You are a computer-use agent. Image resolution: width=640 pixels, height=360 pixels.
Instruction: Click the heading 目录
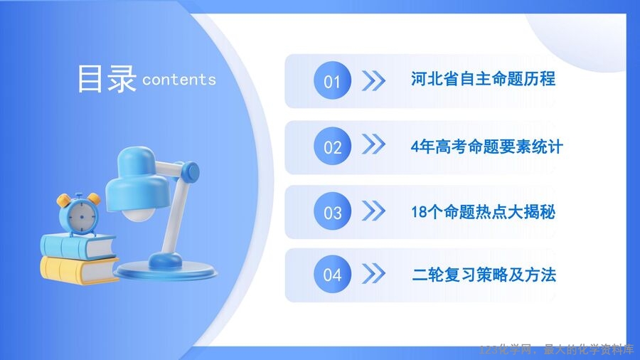(x=107, y=79)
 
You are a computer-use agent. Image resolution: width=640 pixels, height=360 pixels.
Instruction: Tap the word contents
(x=179, y=80)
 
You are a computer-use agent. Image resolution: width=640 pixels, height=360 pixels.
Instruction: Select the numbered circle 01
(x=332, y=80)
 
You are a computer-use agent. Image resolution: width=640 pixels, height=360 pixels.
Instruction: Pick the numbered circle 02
(x=332, y=146)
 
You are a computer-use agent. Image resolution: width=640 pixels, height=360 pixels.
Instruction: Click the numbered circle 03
(x=332, y=211)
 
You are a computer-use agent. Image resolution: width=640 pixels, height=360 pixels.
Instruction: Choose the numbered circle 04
(x=332, y=274)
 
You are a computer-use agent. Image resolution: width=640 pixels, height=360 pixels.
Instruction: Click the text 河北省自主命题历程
(x=483, y=79)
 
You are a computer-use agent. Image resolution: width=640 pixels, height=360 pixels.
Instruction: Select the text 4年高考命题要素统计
(x=487, y=147)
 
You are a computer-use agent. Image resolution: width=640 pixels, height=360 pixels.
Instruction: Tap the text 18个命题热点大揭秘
(x=484, y=212)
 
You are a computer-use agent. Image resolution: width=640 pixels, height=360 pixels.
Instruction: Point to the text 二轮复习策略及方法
(x=484, y=275)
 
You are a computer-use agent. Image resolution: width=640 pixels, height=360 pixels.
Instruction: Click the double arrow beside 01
(x=373, y=80)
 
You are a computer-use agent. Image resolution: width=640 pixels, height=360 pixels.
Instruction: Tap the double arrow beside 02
(x=373, y=144)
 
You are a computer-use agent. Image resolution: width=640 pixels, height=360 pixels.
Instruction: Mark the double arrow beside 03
(x=373, y=211)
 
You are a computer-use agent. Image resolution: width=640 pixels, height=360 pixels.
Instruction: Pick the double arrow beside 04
(x=373, y=273)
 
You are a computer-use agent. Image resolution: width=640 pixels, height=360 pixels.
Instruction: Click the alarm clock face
(x=82, y=216)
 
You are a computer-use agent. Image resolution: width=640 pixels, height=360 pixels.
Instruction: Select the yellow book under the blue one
(x=79, y=270)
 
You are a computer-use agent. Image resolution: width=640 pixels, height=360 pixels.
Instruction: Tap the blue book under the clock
(x=78, y=247)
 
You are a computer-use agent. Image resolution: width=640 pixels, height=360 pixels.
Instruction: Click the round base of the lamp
(x=165, y=270)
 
